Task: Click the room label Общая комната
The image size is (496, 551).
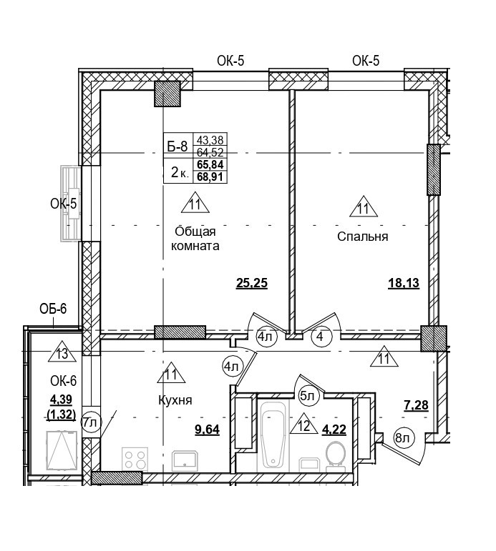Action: (195, 238)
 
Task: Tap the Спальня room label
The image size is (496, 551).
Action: (362, 237)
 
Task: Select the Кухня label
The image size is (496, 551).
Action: (175, 399)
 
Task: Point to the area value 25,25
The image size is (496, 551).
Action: (251, 283)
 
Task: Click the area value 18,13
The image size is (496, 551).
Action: (403, 283)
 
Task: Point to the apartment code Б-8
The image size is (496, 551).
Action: (177, 147)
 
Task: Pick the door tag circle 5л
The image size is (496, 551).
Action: (308, 394)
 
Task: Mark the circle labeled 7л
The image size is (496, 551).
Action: (89, 422)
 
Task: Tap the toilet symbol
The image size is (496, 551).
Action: (335, 454)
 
